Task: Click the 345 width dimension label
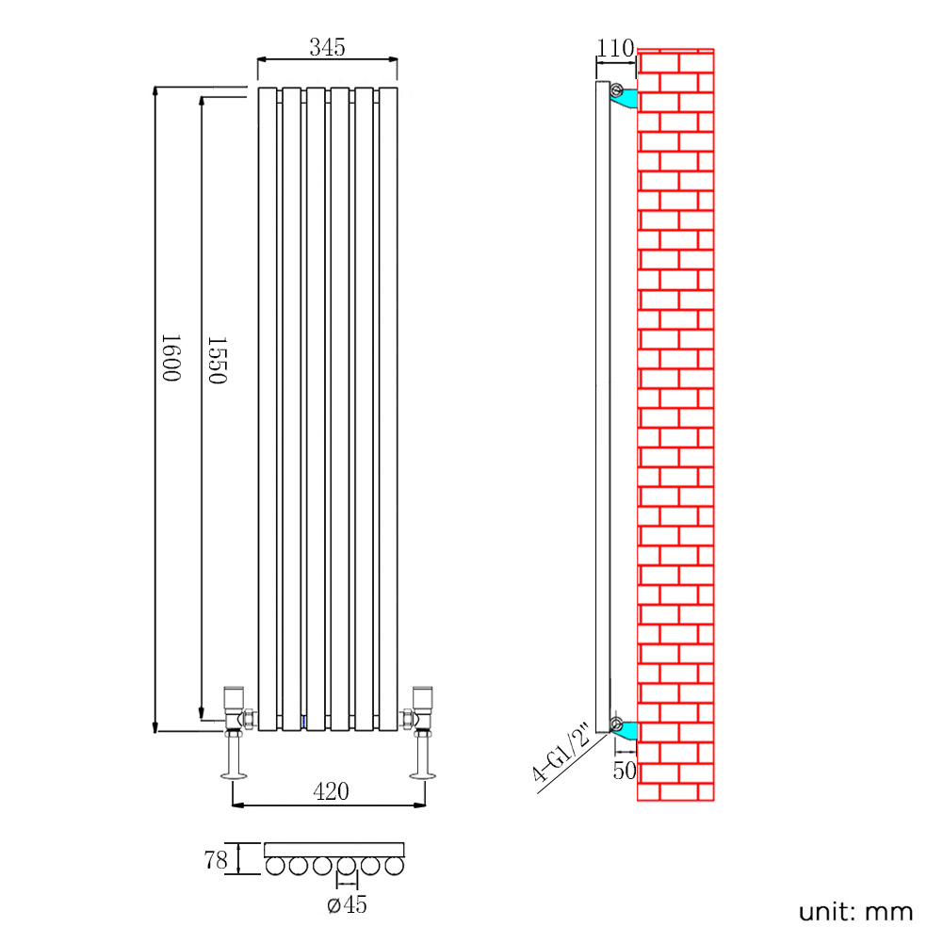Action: [x=327, y=46]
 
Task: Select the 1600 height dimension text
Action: [x=171, y=356]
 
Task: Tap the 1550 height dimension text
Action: [x=216, y=359]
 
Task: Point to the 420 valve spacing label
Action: [x=331, y=792]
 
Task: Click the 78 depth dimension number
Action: [x=216, y=859]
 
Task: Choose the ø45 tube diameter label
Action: [x=347, y=905]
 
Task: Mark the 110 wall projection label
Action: [x=615, y=47]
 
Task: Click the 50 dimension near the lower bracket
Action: [x=625, y=770]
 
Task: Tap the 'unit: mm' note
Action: [x=855, y=912]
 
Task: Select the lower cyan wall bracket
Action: [x=626, y=729]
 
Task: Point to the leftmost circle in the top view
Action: [x=276, y=866]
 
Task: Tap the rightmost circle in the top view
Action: [x=395, y=866]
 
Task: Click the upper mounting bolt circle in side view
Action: [x=615, y=91]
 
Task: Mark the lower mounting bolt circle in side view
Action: [x=615, y=724]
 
